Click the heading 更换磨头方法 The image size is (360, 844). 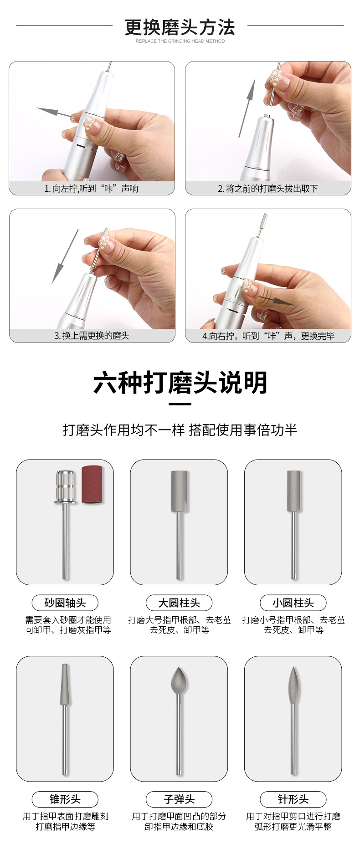pyautogui.click(x=180, y=27)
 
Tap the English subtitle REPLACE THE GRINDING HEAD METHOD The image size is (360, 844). pyautogui.click(x=180, y=41)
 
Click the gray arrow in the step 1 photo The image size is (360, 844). pyautogui.click(x=54, y=112)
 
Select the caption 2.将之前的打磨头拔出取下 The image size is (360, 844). pyautogui.click(x=268, y=189)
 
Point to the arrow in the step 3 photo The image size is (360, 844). pyautogui.click(x=65, y=256)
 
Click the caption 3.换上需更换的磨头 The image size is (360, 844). pyautogui.click(x=92, y=336)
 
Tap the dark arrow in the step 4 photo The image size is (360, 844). pyautogui.click(x=276, y=300)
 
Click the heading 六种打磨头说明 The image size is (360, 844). pyautogui.click(x=180, y=383)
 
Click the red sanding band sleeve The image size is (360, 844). pyautogui.click(x=92, y=484)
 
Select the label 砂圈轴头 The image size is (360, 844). pyautogui.click(x=65, y=603)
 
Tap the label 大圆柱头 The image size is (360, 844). pyautogui.click(x=179, y=603)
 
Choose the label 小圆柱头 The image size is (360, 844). pyautogui.click(x=293, y=603)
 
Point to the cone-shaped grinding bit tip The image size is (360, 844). pyautogui.click(x=65, y=685)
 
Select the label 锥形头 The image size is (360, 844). pyautogui.click(x=65, y=799)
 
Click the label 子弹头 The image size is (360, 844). pyautogui.click(x=179, y=799)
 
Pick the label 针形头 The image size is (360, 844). pyautogui.click(x=293, y=799)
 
